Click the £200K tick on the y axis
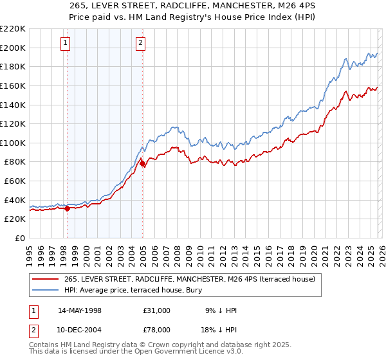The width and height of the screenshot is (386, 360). [x=14, y=48]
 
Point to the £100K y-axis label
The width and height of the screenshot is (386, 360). [x=14, y=143]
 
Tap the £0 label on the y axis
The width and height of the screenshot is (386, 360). [x=21, y=238]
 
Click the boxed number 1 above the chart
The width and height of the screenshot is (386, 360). [x=66, y=43]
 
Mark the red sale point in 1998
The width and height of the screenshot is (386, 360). [x=67, y=208]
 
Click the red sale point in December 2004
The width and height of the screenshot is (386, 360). [x=142, y=164]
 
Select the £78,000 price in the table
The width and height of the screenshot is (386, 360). [x=157, y=328]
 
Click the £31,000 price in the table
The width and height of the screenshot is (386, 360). [x=157, y=310]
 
